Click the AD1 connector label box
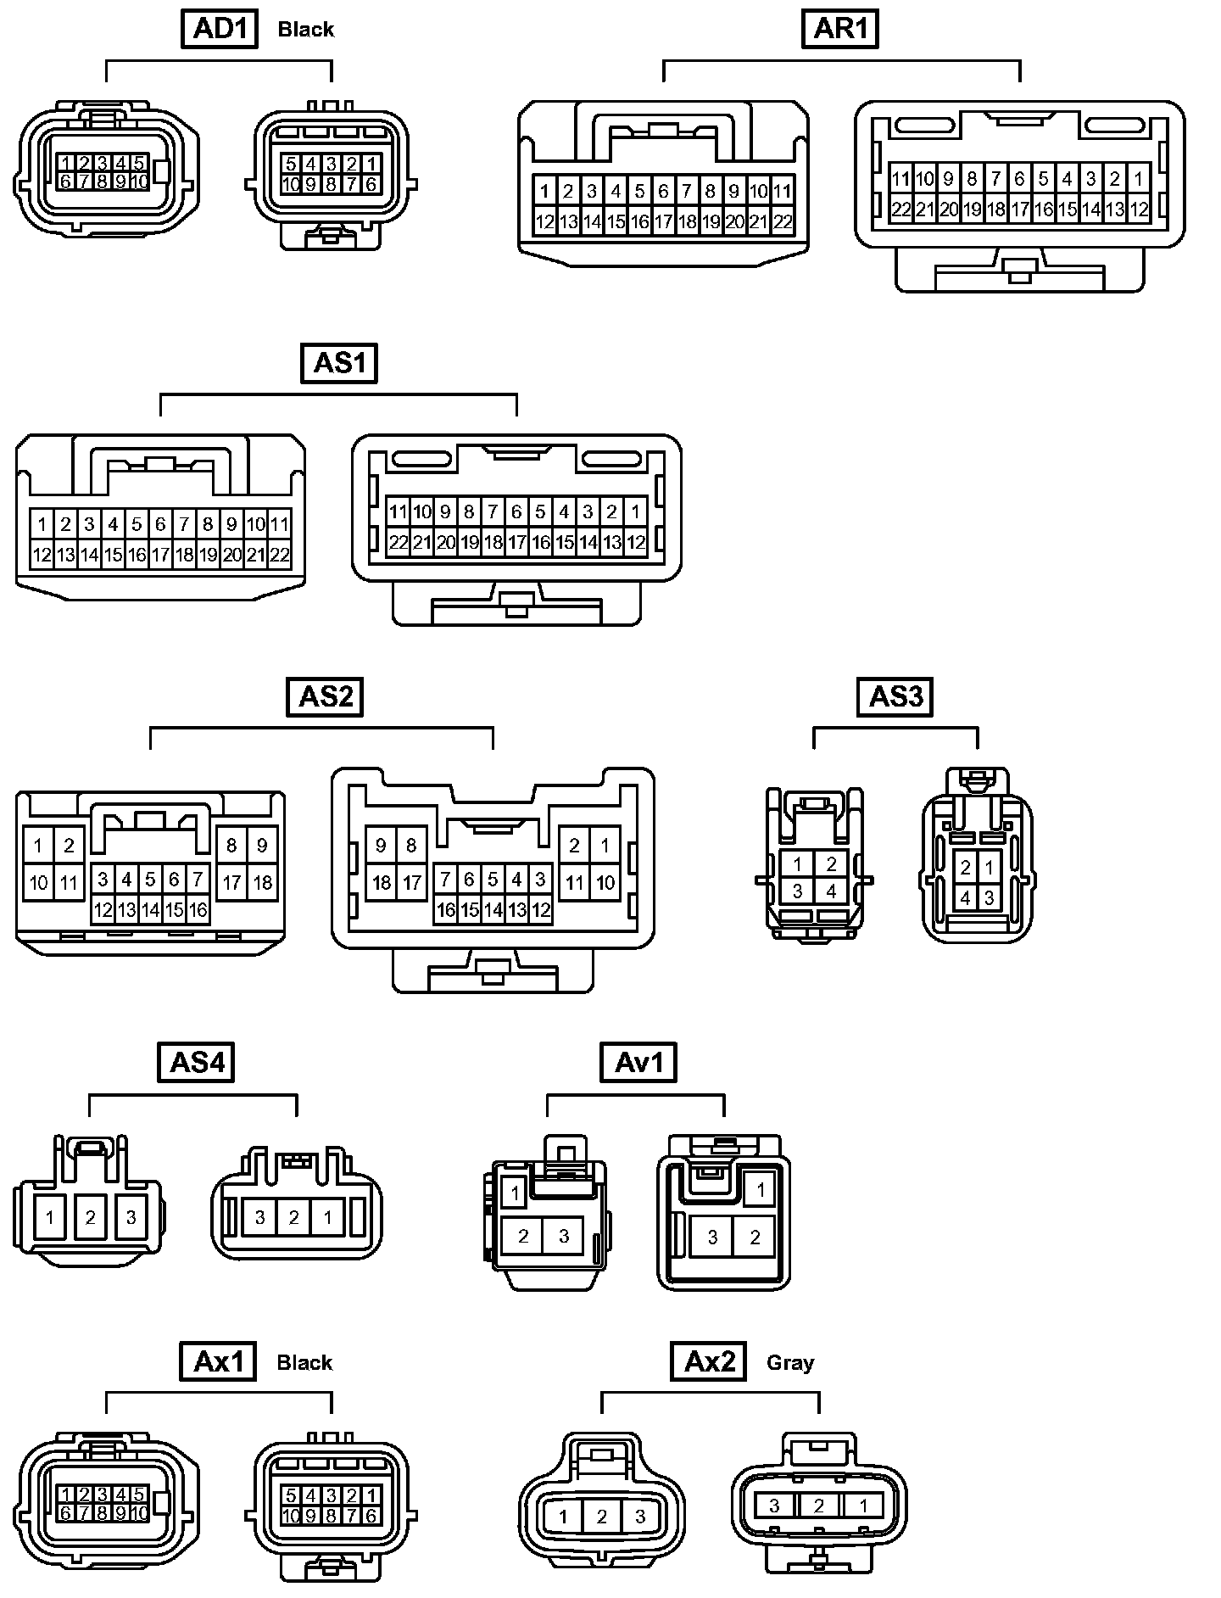click(220, 29)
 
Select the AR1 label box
click(840, 29)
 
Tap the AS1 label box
click(339, 363)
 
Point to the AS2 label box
click(325, 696)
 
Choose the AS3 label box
click(895, 696)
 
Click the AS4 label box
click(196, 1062)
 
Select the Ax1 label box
click(219, 1361)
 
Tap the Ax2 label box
click(710, 1361)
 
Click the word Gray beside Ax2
click(790, 1362)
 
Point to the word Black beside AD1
click(306, 30)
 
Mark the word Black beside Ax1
click(305, 1362)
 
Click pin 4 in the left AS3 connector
click(831, 891)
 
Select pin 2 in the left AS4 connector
click(91, 1218)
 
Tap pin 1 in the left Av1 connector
click(515, 1193)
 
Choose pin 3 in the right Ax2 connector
click(774, 1506)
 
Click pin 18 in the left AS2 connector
click(263, 883)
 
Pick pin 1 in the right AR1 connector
click(1139, 179)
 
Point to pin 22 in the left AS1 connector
click(280, 556)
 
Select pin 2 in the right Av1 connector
click(755, 1238)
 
